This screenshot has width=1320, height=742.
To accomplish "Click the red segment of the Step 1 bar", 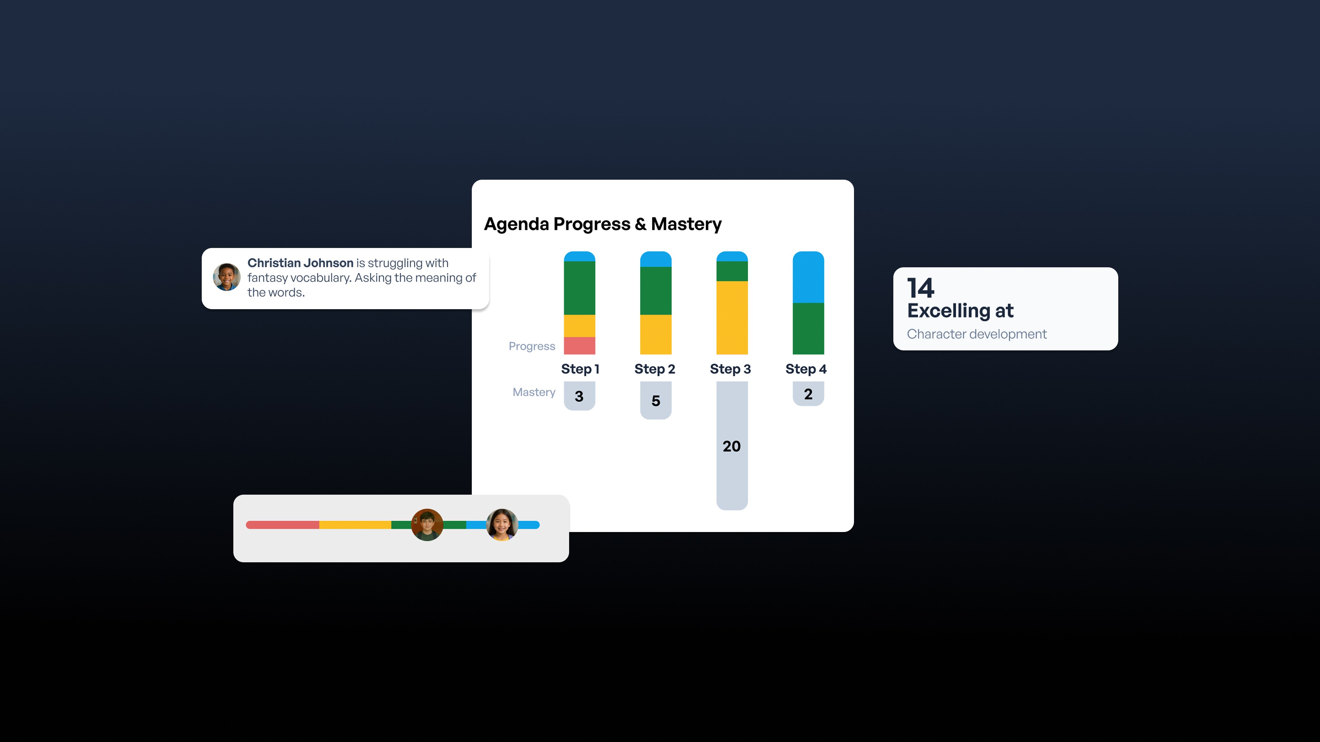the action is pos(579,346).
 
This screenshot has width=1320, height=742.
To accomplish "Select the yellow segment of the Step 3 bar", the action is pos(732,318).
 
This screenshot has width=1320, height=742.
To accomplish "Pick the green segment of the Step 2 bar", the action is pos(655,290).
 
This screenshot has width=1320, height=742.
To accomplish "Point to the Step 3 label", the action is pos(730,369).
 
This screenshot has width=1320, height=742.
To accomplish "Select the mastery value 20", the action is pos(732,446).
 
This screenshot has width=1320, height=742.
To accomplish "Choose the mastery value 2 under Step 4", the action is pos(808,394).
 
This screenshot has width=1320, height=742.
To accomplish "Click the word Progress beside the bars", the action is pos(531,346).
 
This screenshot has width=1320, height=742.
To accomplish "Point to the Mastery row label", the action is pos(534,392).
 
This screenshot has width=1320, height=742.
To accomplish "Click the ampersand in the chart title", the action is pos(641,224).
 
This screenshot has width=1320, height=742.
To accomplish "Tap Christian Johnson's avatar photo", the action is pos(227,277).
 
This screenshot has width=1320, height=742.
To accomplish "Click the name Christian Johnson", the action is pos(300,263).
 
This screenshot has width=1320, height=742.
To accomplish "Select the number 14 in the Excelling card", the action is pos(920,288).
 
